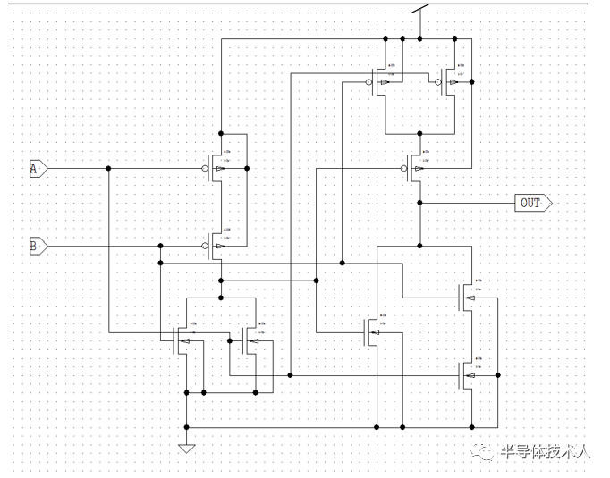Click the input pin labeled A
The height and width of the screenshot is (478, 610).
tap(38, 168)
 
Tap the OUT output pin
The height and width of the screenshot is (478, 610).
tap(533, 203)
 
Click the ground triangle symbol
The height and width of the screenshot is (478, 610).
tap(186, 448)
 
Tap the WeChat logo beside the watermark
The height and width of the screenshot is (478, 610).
tap(486, 452)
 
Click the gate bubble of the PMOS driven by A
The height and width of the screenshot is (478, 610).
tap(205, 168)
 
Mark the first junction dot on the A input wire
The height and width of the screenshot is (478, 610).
tap(109, 168)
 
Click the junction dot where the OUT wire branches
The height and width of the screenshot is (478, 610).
tap(419, 203)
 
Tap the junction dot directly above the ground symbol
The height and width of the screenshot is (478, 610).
tap(186, 427)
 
